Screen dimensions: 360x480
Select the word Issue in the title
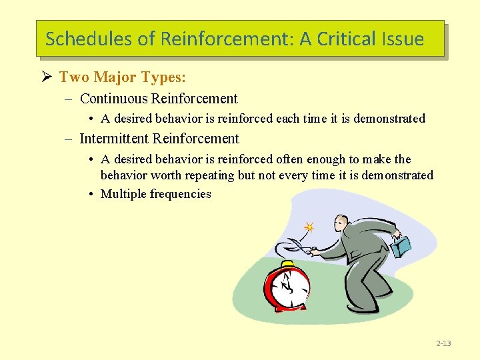point(403,39)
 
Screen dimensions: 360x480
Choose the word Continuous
point(113,99)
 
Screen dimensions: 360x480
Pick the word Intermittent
point(114,139)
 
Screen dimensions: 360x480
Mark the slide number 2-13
point(443,343)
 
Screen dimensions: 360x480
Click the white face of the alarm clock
point(288,287)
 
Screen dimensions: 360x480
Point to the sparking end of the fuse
point(309,227)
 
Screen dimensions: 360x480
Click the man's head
point(342,223)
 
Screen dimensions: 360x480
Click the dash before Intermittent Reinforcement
point(69,139)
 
